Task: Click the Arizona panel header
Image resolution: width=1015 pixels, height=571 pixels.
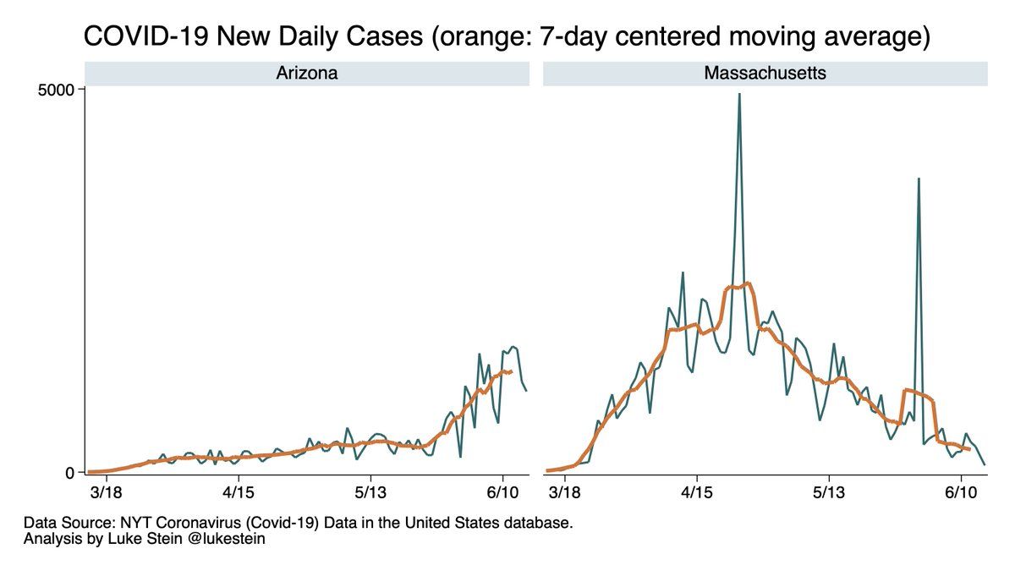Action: [x=306, y=74]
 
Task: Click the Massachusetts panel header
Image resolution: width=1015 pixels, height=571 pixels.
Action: [x=765, y=74]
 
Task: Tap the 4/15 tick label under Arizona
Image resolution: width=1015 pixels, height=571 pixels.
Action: [x=239, y=491]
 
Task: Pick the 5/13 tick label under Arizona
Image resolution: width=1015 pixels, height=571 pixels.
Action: [x=370, y=491]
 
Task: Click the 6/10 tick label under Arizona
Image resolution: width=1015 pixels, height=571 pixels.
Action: [x=502, y=491]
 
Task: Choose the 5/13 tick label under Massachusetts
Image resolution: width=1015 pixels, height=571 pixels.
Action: [x=829, y=491]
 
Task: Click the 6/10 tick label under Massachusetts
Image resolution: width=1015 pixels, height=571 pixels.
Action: [x=961, y=491]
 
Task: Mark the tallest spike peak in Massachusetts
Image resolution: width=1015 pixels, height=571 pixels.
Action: [x=739, y=94]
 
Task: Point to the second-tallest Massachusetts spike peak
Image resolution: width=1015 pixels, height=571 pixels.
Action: [x=919, y=178]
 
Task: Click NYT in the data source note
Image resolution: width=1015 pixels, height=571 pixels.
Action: [x=125, y=523]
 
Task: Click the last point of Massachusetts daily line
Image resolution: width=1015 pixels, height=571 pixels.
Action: [x=985, y=464]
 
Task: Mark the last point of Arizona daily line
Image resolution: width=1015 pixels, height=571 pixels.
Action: [x=526, y=390]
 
